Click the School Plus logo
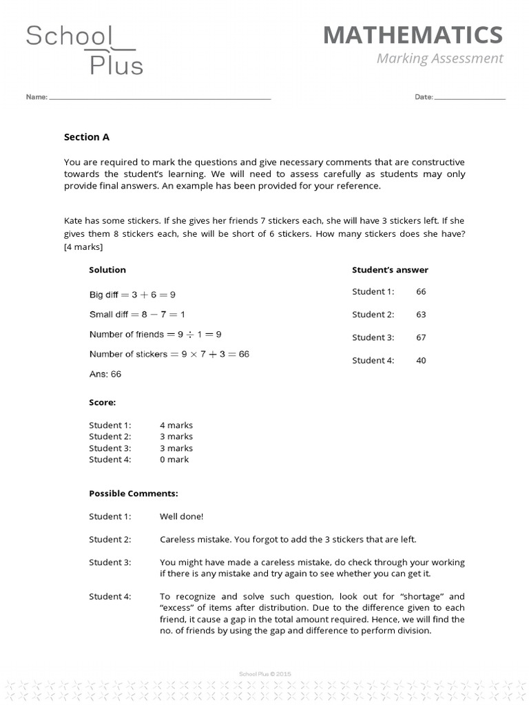coord(84,49)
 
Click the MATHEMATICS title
coord(413,35)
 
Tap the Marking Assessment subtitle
coord(439,59)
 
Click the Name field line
coord(160,98)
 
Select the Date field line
coord(470,98)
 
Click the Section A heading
coord(87,137)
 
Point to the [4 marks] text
coord(83,246)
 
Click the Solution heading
coord(107,270)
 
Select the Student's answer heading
coord(390,270)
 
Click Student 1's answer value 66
coord(421,292)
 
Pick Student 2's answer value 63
coord(421,315)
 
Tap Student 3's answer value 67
coord(421,337)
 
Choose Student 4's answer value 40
coord(421,361)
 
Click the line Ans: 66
coord(105,375)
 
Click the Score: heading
coord(102,402)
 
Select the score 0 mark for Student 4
coord(174,459)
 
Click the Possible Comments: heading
coord(134,494)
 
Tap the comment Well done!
coord(182,516)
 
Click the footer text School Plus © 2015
coord(264,674)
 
